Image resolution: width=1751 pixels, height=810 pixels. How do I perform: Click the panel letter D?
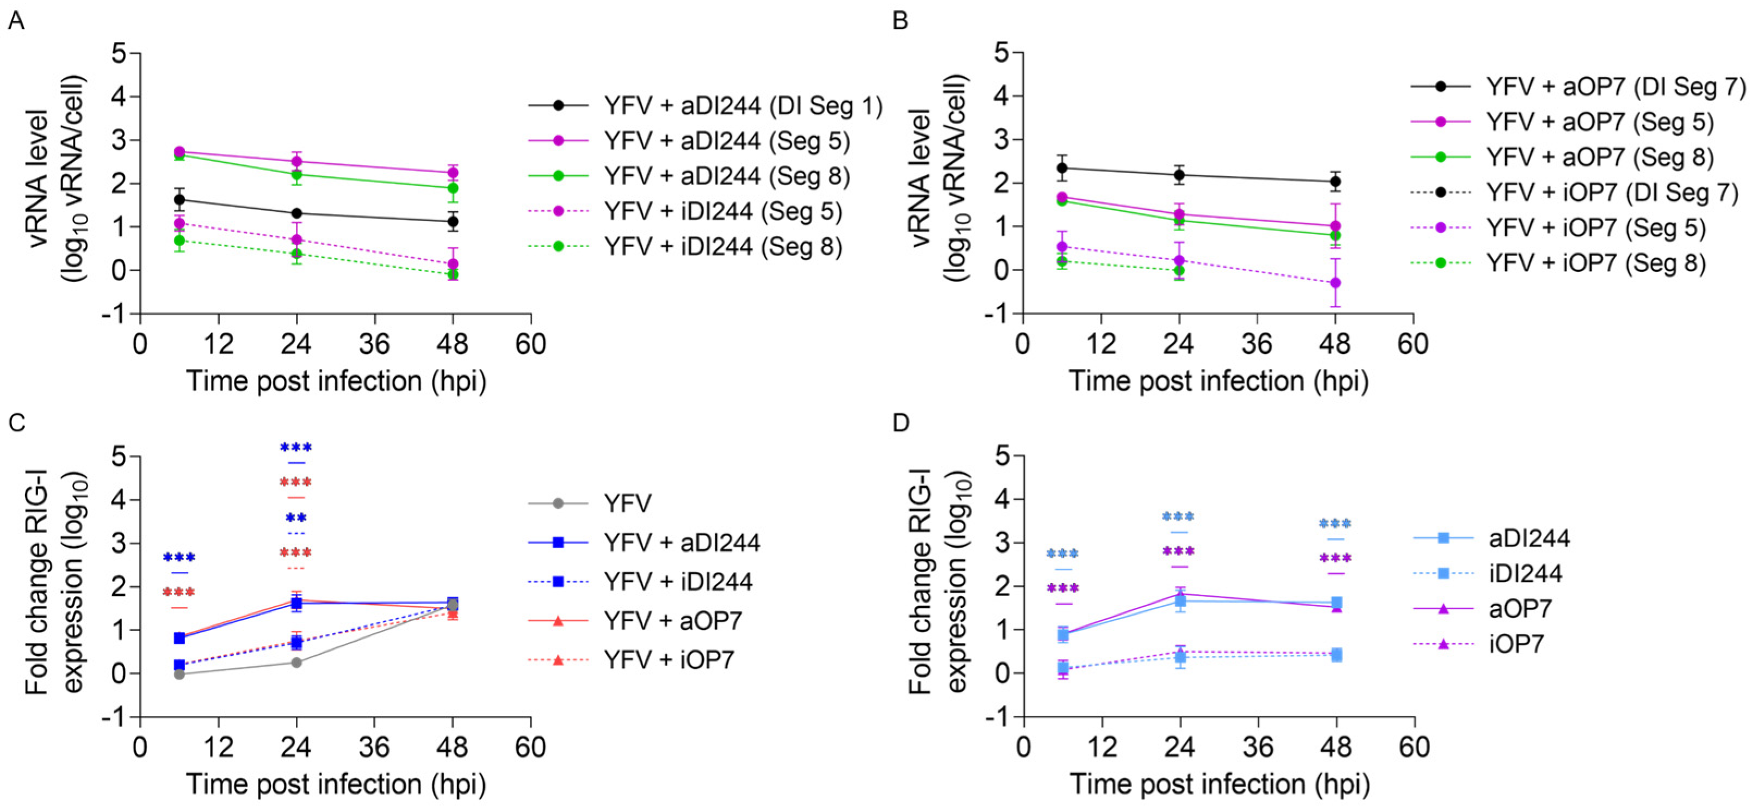(901, 423)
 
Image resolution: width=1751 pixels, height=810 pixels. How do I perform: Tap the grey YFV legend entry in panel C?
(627, 504)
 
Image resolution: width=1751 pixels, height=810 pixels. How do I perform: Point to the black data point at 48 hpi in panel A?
(453, 221)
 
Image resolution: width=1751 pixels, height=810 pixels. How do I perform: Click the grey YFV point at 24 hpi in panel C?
(296, 662)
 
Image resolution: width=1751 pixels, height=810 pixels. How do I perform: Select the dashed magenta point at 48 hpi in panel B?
(1335, 282)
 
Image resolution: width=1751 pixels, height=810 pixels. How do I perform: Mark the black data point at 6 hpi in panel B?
(1062, 168)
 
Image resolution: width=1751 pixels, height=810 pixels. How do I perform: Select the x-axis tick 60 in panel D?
(1414, 747)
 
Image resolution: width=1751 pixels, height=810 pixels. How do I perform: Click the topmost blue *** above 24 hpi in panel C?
(296, 447)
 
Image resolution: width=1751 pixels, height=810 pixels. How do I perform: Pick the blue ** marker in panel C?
(296, 518)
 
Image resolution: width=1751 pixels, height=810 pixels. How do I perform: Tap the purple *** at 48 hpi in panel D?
(1335, 559)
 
